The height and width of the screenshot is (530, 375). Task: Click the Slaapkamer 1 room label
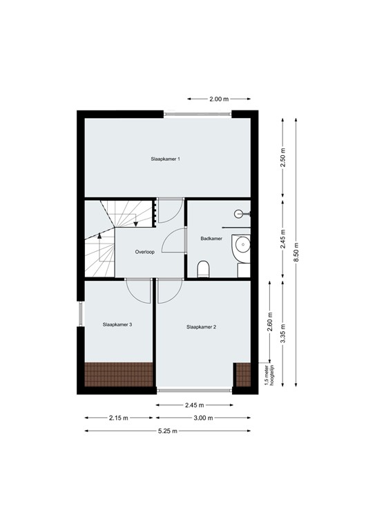(x=166, y=159)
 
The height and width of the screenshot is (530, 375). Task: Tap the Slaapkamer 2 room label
(x=202, y=327)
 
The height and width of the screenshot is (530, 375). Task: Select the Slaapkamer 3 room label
(x=117, y=324)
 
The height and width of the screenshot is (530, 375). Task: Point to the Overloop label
(x=146, y=252)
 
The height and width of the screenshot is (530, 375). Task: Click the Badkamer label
(x=211, y=239)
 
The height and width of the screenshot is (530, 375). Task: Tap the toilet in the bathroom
(x=203, y=269)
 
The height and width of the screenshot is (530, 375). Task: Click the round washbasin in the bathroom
(x=242, y=245)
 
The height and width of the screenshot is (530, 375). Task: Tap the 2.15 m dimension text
(x=118, y=418)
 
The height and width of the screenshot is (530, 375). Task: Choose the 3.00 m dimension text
(x=202, y=418)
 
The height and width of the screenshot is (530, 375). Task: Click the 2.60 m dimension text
(x=269, y=322)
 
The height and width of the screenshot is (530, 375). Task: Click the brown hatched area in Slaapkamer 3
(x=118, y=373)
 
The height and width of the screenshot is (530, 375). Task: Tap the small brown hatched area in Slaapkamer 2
(x=242, y=374)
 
